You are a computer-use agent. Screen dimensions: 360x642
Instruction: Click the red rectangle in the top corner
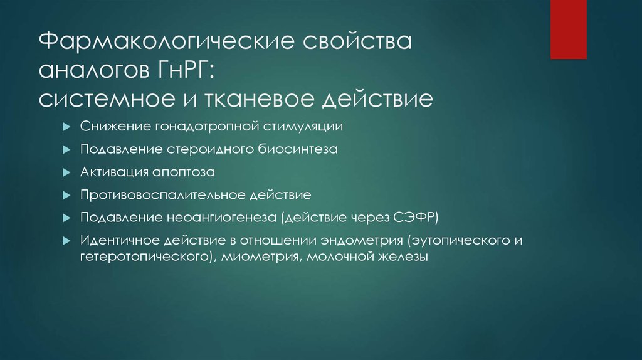click(568, 29)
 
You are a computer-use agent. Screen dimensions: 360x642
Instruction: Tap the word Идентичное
click(118, 240)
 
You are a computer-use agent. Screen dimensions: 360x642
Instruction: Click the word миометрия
click(264, 257)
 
